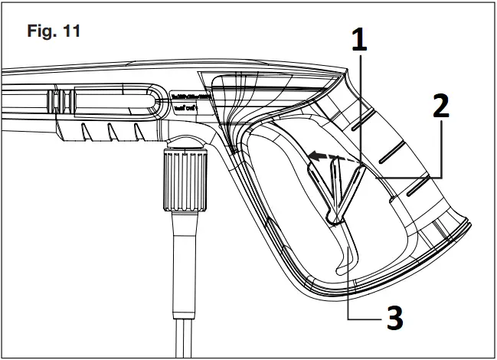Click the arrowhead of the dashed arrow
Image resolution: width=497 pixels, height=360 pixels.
click(314, 156)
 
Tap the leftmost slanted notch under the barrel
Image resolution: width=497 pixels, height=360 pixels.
click(86, 134)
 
